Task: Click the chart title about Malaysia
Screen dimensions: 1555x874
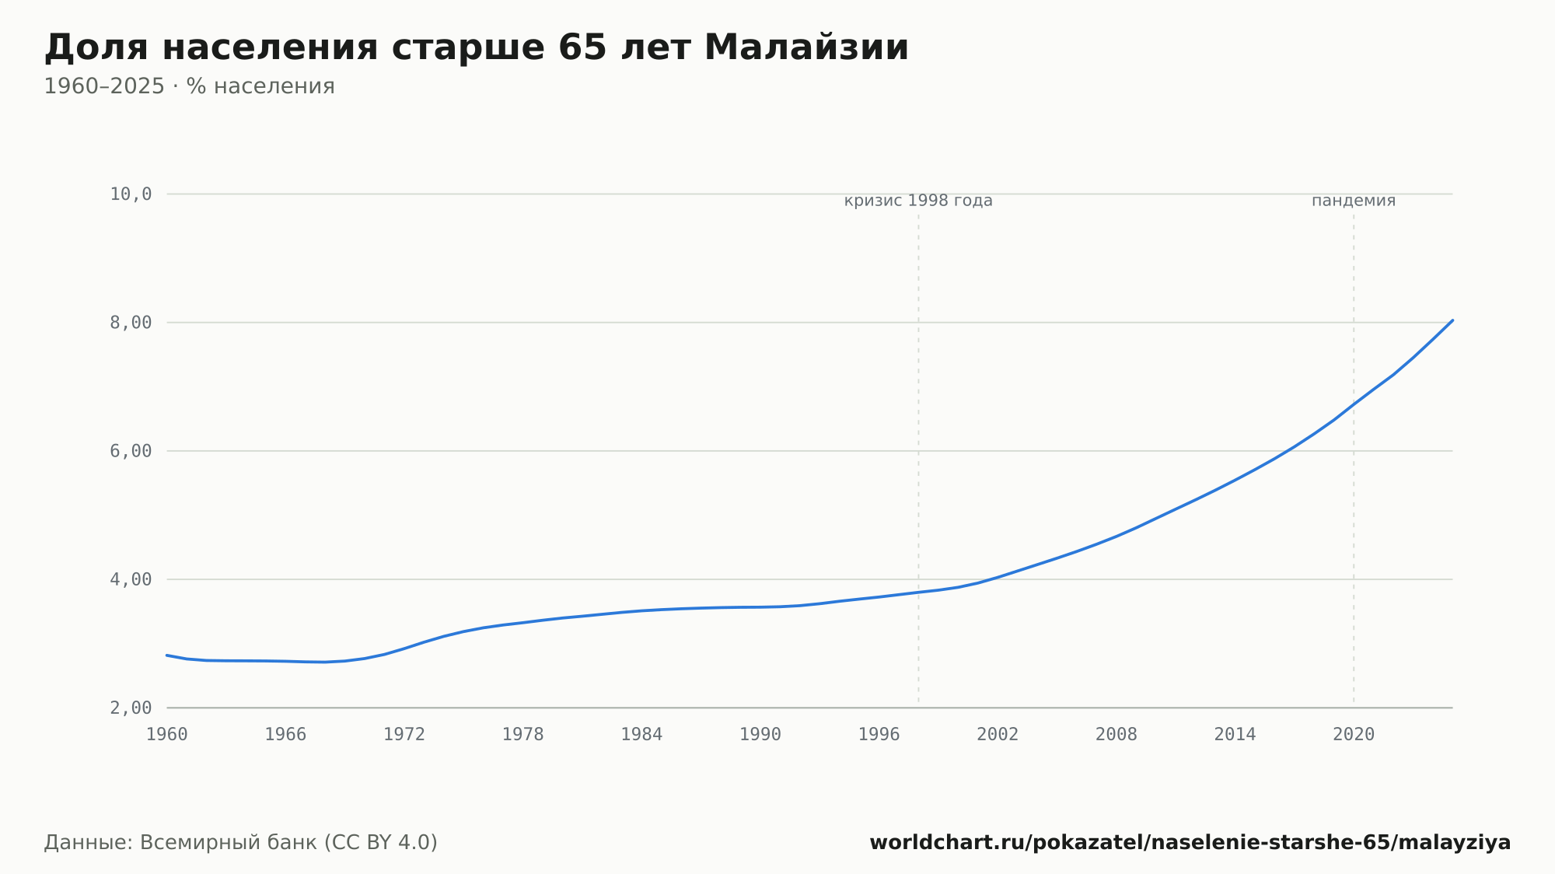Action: [x=477, y=48]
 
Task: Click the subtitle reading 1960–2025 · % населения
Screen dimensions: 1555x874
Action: [x=189, y=86]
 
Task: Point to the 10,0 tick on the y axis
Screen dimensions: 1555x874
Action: [x=131, y=194]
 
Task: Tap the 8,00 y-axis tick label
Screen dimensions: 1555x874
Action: [x=131, y=323]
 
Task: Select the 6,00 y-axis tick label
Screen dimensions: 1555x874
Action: [x=131, y=451]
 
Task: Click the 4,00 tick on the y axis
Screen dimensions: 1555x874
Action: [x=131, y=579]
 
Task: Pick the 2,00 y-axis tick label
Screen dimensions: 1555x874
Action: [x=131, y=708]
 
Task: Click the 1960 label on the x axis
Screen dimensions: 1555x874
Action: [x=167, y=735]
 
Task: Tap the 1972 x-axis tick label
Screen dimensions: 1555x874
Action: [x=404, y=735]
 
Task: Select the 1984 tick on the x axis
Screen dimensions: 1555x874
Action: [x=641, y=735]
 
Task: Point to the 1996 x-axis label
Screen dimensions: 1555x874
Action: [x=879, y=735]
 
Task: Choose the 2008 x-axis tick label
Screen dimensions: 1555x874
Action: [x=1116, y=735]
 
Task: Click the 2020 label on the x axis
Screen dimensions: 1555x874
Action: [x=1354, y=735]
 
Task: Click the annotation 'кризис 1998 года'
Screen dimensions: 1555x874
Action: [x=918, y=201]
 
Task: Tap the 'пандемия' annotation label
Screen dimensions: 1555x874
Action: [x=1354, y=201]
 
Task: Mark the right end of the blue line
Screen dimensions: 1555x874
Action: [x=1452, y=320]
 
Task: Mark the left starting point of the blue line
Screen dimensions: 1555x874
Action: [x=167, y=655]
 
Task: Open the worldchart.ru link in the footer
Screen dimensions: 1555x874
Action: [x=1190, y=843]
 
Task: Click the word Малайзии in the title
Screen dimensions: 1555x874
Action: [x=806, y=48]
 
